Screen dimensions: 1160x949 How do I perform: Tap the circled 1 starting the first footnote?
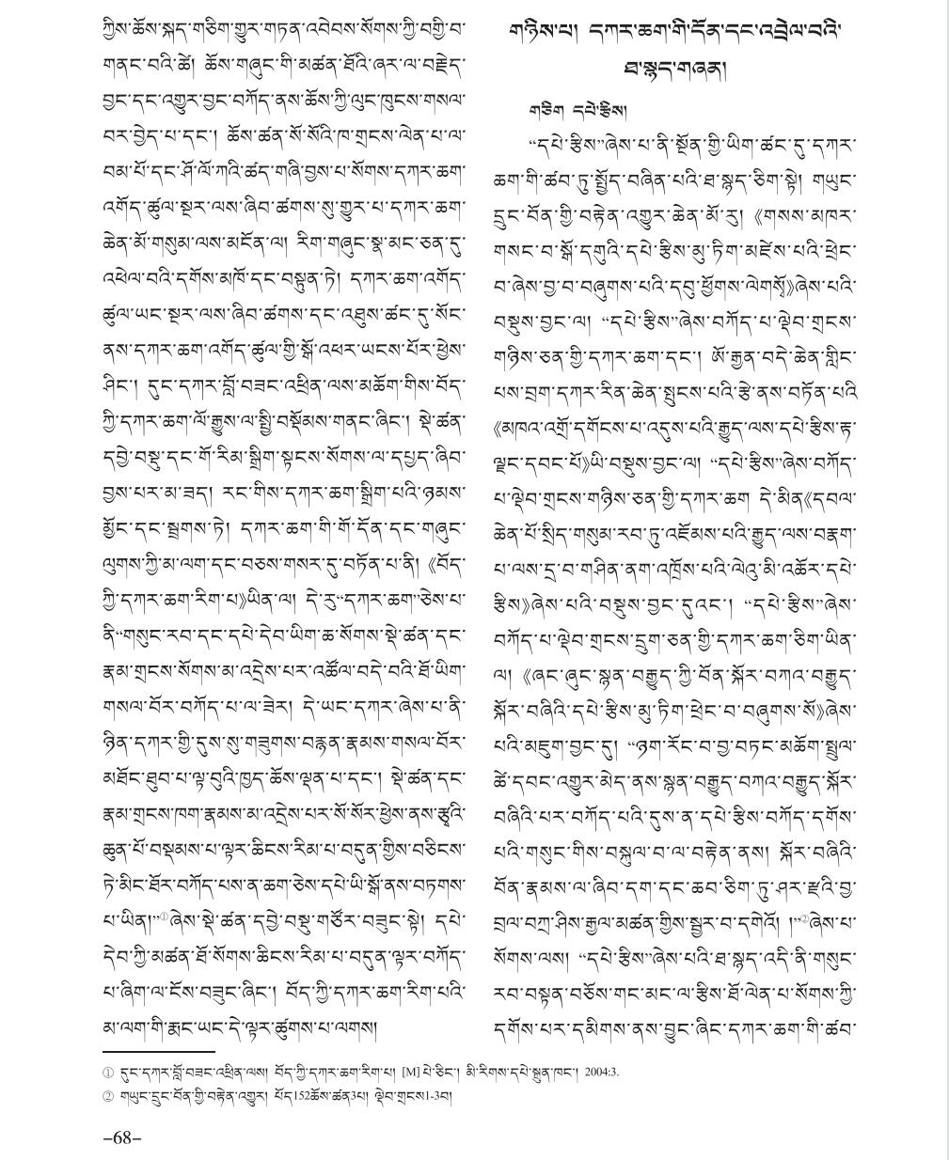pos(108,1072)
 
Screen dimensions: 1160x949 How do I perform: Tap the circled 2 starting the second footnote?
pos(108,1096)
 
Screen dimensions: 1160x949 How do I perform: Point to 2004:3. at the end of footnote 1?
pos(601,1072)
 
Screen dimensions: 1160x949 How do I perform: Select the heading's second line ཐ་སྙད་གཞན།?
pos(675,69)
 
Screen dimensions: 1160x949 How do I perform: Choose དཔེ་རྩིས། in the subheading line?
pos(587,110)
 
